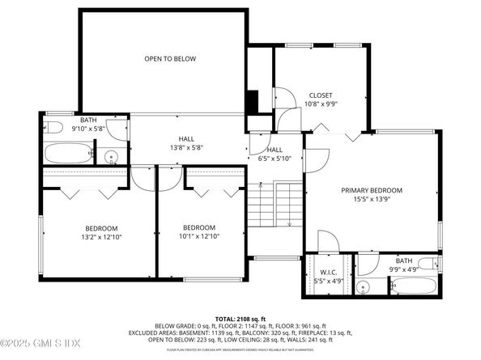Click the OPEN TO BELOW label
click(170, 59)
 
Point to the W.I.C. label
click(329, 277)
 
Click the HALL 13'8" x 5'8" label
click(186, 142)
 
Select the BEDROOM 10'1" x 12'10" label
click(198, 231)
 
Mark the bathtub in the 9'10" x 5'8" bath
click(67, 154)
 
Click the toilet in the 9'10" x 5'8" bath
click(53, 127)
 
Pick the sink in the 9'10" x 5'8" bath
click(112, 157)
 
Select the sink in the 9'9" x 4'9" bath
click(366, 286)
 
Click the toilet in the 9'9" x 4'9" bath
click(429, 263)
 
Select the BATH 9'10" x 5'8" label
click(88, 124)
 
